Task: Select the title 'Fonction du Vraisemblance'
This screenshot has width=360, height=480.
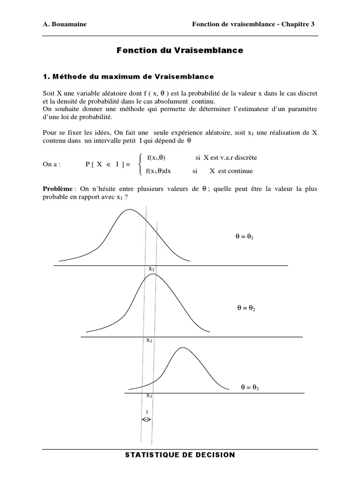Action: tap(180, 50)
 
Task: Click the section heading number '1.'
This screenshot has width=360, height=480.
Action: tap(46, 76)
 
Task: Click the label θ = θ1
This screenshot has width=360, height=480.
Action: tap(245, 238)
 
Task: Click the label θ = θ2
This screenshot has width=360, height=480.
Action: tap(246, 308)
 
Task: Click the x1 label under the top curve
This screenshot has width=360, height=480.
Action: tap(151, 269)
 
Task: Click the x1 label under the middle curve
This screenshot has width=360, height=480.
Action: tap(149, 340)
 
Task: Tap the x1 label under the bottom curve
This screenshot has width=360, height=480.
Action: tap(149, 395)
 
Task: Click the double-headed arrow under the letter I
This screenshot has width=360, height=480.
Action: tap(146, 420)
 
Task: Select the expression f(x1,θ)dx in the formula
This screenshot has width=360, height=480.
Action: tap(159, 171)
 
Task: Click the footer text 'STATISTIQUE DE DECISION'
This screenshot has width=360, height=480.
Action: tap(180, 455)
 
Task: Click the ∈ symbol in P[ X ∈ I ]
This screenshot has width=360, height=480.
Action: tap(106, 165)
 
